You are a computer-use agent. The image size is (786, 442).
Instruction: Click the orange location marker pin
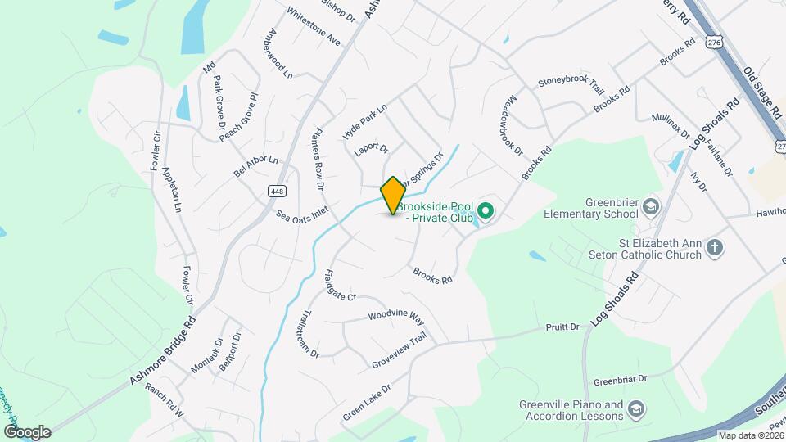[x=393, y=195]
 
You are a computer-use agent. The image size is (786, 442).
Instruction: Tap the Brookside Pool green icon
[x=486, y=213]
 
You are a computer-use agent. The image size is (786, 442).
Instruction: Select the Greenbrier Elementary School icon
[x=651, y=205]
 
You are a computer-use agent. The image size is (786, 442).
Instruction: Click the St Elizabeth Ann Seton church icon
[x=715, y=246]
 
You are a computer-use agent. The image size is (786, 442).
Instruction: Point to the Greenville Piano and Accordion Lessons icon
[x=637, y=408]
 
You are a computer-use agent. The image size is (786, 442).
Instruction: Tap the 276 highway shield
[x=715, y=40]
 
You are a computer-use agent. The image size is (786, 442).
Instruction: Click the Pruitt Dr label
[x=562, y=327]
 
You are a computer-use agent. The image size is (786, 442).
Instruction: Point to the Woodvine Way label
[x=395, y=316]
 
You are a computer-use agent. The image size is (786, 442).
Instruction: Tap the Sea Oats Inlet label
[x=302, y=214]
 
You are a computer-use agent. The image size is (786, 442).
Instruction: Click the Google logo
[x=27, y=432]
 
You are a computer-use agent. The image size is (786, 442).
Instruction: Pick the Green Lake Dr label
[x=367, y=402]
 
